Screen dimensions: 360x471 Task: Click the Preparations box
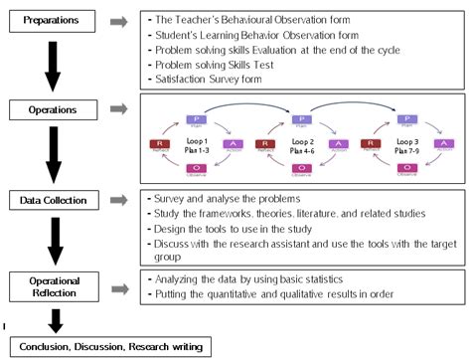click(x=52, y=20)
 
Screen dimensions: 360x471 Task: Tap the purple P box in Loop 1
click(x=195, y=119)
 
